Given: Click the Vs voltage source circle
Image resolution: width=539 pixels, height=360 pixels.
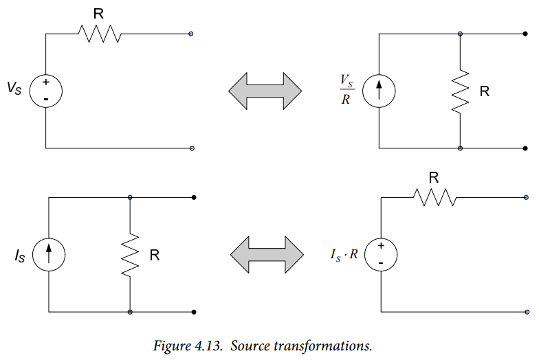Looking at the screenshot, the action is click(x=45, y=75).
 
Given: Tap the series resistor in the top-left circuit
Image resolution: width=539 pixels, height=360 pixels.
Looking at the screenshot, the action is click(x=100, y=34).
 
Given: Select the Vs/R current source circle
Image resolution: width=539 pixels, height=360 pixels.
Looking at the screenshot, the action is click(x=379, y=75).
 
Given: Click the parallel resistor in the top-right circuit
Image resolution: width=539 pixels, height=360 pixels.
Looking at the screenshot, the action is click(x=460, y=91).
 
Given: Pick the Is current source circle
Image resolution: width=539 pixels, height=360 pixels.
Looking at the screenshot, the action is click(x=48, y=238).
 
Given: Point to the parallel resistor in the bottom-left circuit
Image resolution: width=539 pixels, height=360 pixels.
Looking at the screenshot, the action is click(x=130, y=255).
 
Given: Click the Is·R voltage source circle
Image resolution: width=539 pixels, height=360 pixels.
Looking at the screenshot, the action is click(x=381, y=238).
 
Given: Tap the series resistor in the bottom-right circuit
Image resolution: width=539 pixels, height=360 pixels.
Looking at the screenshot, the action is click(x=434, y=198).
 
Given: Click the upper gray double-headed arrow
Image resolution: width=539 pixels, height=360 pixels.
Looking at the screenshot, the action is click(x=265, y=91).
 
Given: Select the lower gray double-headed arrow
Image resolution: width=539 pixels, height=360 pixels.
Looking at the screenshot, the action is click(x=267, y=254).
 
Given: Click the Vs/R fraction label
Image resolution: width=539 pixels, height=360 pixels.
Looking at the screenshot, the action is click(x=346, y=89).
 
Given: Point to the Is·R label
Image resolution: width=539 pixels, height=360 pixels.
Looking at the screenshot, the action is click(x=344, y=254).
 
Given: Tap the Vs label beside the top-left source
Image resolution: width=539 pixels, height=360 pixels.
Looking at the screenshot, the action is click(x=14, y=88).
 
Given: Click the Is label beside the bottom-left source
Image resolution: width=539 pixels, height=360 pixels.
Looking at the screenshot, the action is click(x=20, y=256).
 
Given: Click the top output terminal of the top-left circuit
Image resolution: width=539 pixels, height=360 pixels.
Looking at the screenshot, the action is click(x=191, y=34).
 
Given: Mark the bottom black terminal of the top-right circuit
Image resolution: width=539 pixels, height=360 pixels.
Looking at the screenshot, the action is click(x=525, y=148).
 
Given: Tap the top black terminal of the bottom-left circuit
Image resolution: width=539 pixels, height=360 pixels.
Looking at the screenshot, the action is click(x=194, y=198).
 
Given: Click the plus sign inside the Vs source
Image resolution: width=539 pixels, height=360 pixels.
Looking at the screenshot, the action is click(x=45, y=82).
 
